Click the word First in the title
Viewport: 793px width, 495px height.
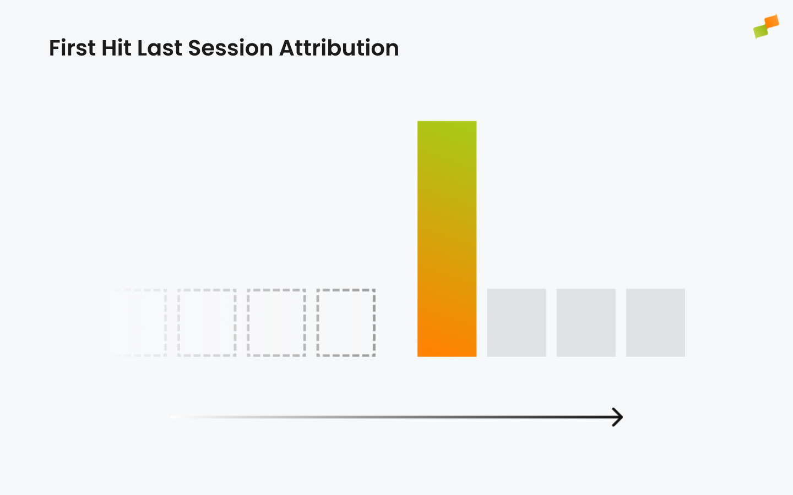pos(72,48)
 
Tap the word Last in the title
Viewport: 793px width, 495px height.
pos(160,48)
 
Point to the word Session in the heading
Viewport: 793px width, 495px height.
pos(230,48)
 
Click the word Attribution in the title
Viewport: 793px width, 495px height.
pos(339,48)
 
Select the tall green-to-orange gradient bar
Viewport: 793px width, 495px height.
pos(447,239)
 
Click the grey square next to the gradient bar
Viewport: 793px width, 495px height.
pos(517,322)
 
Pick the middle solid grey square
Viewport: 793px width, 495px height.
pos(586,322)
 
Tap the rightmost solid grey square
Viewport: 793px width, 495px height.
pos(655,322)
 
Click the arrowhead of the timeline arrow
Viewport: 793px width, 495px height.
pos(622,417)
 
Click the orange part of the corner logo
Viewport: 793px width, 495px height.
pos(772,21)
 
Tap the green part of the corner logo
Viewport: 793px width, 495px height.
pos(761,31)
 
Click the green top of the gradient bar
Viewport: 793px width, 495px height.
pos(447,129)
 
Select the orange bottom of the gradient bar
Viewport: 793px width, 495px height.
pos(447,348)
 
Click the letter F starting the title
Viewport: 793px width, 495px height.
pos(55,48)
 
